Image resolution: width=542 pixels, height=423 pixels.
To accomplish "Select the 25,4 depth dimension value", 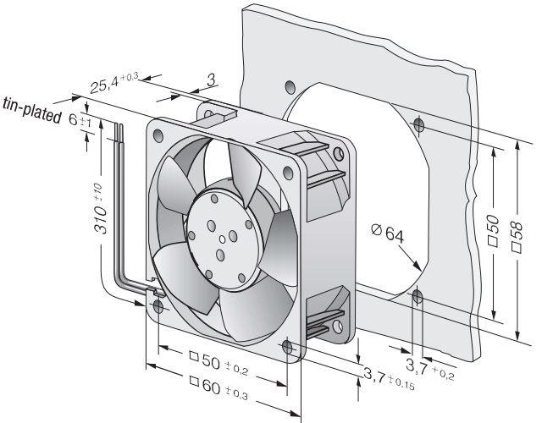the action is pos(115,82).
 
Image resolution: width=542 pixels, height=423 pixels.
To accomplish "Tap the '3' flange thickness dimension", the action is pos(212,80).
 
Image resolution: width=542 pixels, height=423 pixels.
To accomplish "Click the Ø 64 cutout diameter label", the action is pos(388,233).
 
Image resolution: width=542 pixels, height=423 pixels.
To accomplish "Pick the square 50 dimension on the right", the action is pos(494,230).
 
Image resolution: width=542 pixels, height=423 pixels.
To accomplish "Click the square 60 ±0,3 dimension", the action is pos(218,388).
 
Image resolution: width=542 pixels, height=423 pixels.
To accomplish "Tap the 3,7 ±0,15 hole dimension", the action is pos(389,378).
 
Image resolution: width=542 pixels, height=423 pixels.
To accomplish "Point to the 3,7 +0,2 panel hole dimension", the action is pos(430,369).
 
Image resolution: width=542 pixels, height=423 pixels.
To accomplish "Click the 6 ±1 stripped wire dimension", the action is pos(80,120).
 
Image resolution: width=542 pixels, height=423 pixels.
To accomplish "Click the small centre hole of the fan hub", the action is pos(222,239).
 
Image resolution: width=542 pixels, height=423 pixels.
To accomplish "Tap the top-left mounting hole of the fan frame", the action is pos(158,135).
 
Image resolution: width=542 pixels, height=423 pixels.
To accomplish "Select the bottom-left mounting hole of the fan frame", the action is pos(158,306).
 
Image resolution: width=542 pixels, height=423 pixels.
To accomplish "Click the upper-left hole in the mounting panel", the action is pos(290,86).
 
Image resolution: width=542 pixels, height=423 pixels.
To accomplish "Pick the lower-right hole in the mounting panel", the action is pos(418,296).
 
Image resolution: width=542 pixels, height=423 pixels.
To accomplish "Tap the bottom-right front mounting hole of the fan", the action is pos(287,347).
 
